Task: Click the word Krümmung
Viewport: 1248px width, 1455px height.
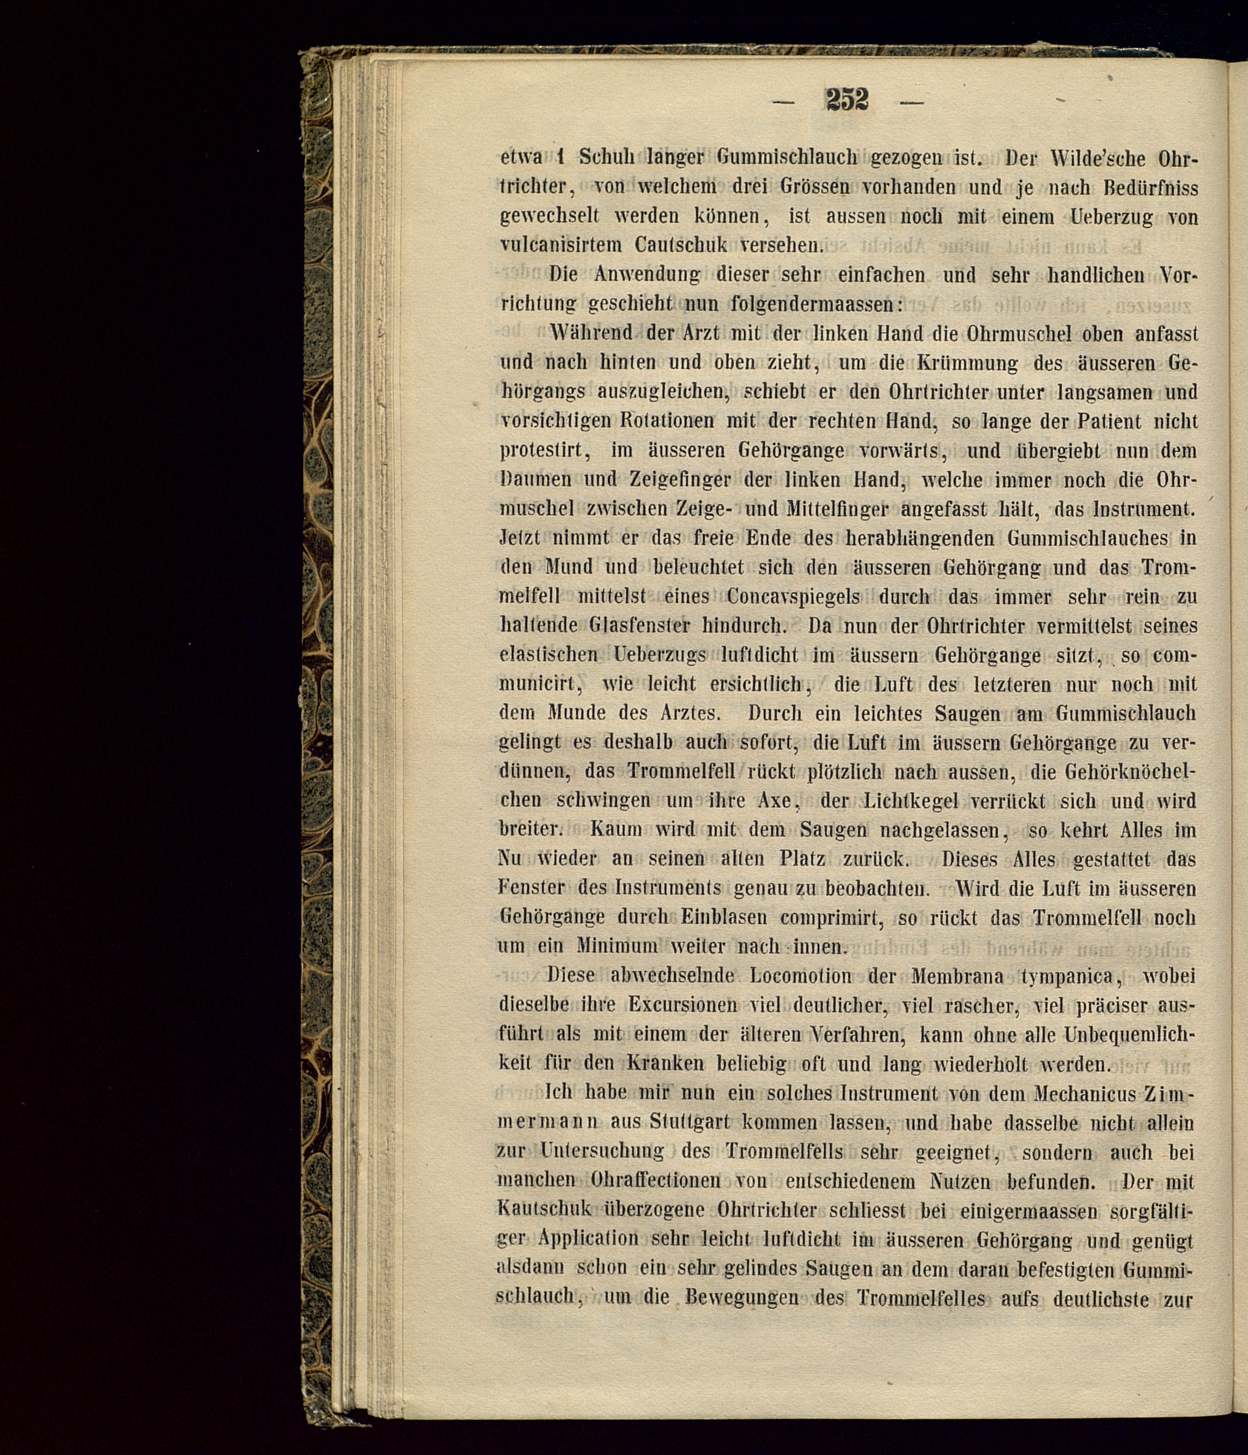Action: tap(967, 362)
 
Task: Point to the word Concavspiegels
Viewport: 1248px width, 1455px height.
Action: tap(793, 596)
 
